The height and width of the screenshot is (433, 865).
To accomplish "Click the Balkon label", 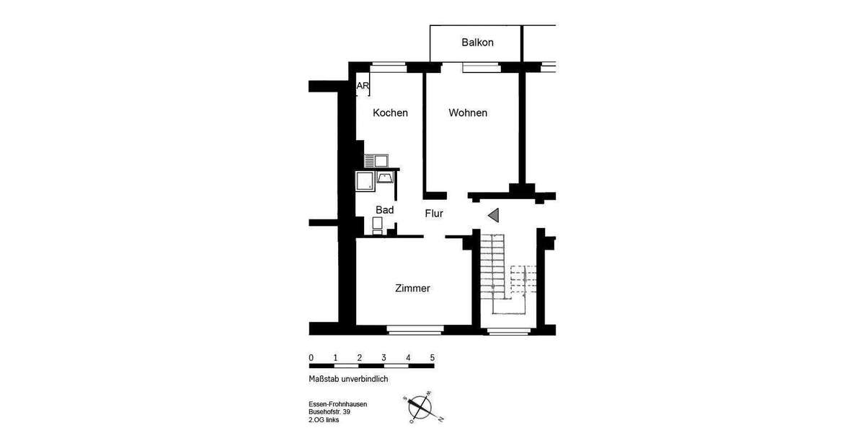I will point(477,43).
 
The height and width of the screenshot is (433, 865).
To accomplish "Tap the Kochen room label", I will point(390,113).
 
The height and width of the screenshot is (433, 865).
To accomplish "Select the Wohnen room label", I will point(468,113).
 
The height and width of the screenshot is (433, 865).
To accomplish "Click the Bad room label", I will point(384,210).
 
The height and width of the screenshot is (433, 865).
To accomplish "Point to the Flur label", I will point(433,214).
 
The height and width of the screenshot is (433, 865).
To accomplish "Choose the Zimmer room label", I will point(412,289).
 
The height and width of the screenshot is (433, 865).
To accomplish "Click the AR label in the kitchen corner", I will point(363,86).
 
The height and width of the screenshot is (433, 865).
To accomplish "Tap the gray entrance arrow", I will point(493,215).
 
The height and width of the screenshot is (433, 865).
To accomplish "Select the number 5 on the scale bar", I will point(432,358).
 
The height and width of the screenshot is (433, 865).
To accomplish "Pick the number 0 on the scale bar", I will point(311,358).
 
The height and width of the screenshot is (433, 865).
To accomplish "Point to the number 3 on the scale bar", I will point(383,358).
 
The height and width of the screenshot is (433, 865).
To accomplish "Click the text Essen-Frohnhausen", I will point(337,404).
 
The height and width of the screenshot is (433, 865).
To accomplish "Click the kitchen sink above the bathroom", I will point(376,159).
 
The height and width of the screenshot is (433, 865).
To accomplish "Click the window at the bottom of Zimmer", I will point(413,331).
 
